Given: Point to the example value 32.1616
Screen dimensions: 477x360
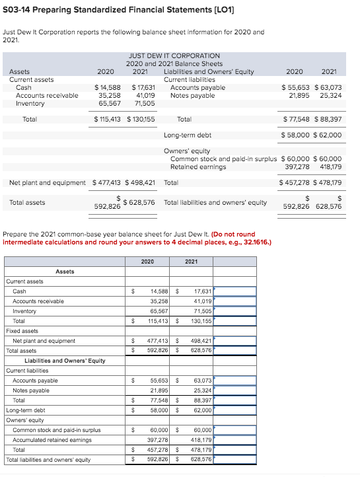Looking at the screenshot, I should [229, 242].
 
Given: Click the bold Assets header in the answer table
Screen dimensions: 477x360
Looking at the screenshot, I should [65, 272].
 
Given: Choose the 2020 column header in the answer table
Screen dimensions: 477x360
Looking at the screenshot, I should [147, 262].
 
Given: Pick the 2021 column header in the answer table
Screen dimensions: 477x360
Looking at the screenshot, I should [191, 262].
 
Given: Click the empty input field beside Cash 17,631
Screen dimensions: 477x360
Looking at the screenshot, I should [234, 291].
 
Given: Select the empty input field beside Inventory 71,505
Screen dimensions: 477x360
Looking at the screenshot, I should [234, 311].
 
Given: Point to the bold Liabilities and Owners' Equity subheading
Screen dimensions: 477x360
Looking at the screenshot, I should [65, 361].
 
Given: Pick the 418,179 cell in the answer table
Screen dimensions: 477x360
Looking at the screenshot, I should [200, 440].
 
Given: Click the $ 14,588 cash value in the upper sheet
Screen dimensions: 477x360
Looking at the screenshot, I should [108, 87].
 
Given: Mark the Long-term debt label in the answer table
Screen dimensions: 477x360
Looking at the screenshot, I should [26, 410].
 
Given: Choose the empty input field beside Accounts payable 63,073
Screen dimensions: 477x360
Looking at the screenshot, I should [234, 381].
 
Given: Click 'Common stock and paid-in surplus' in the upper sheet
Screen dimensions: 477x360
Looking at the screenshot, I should [224, 159].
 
